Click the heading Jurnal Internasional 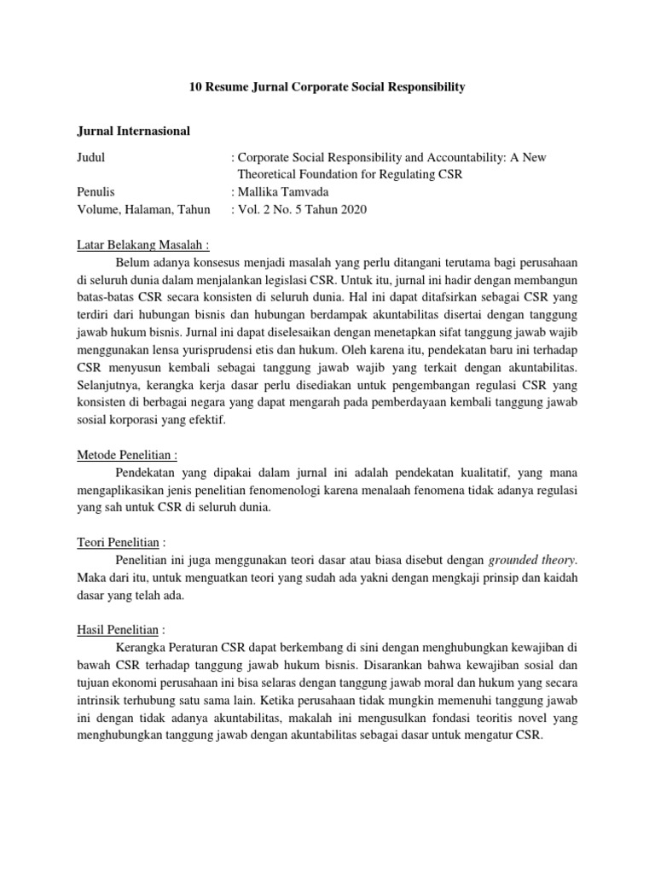128,131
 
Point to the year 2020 351,209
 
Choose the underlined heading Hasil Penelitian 111,630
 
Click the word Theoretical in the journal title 271,175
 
